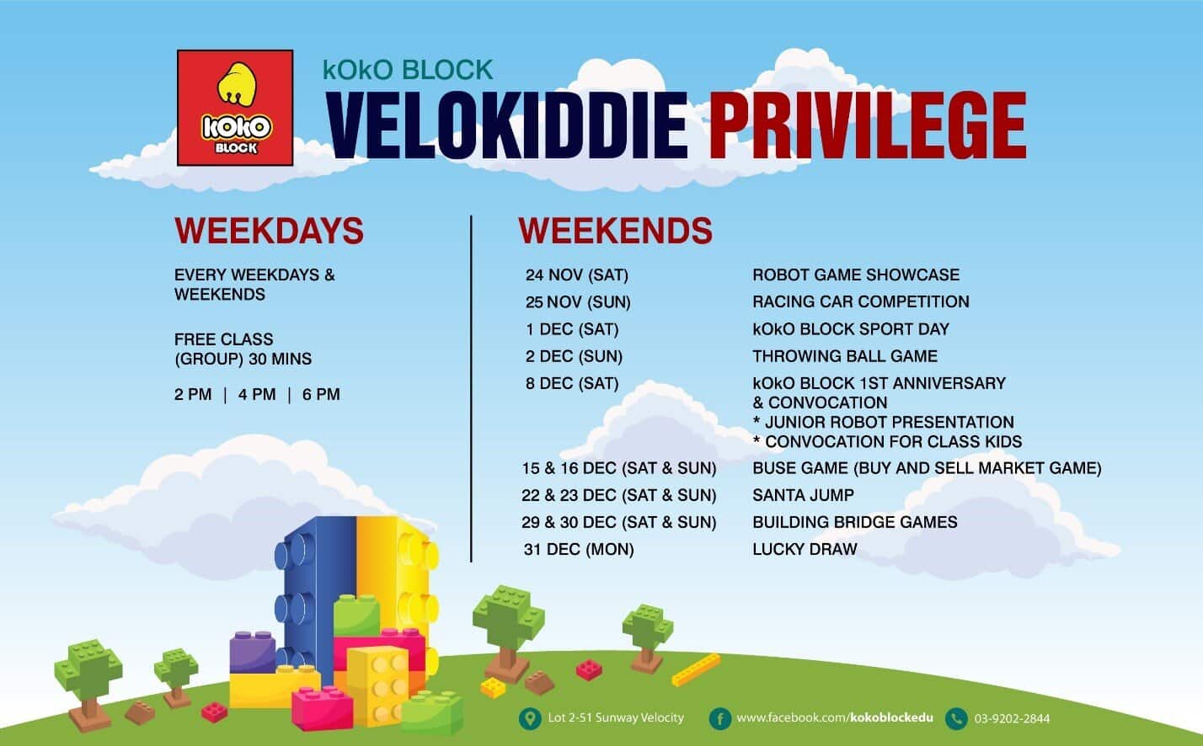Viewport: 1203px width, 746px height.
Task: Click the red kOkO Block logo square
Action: (235, 108)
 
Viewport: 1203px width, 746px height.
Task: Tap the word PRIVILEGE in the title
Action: (870, 125)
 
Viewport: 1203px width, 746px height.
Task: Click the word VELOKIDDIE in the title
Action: (507, 125)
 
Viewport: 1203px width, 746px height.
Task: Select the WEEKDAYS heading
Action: (269, 231)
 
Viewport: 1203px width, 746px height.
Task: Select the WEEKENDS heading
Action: (616, 231)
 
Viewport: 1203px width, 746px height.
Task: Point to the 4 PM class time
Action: (257, 394)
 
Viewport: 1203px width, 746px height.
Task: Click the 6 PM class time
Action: (321, 394)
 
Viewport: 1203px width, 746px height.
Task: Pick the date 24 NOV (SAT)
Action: (577, 275)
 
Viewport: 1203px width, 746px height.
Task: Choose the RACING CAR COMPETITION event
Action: (861, 301)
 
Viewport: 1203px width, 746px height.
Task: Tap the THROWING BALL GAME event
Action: (845, 356)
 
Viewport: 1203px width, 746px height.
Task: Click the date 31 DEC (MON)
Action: (579, 550)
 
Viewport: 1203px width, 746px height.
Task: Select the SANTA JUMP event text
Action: (804, 495)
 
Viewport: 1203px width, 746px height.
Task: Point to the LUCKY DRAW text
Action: (805, 549)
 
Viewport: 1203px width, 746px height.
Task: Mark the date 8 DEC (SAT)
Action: (572, 384)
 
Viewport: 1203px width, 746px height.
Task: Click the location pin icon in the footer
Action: (530, 718)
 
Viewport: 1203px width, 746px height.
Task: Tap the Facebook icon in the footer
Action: (719, 718)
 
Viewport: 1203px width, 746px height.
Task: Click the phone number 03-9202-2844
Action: (1012, 718)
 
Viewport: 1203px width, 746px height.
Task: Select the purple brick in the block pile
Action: (253, 653)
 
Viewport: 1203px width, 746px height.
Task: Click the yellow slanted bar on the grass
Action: (696, 669)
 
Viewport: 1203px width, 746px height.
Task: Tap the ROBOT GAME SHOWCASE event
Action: (856, 274)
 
